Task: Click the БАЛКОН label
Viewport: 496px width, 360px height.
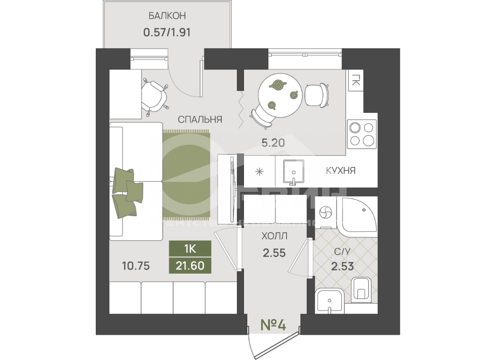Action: pos(167,16)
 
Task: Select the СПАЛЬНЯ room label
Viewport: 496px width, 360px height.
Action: pos(200,119)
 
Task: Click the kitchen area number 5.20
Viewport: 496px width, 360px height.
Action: pos(273,142)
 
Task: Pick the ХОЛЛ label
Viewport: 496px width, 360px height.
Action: pos(274,235)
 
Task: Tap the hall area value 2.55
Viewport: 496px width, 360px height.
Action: pos(274,252)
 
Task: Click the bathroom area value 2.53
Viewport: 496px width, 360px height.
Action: pos(342,267)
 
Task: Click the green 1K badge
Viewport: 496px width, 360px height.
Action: pos(190,249)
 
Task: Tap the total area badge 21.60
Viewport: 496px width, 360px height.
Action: pos(190,266)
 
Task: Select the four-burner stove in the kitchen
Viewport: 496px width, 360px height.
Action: pos(362,134)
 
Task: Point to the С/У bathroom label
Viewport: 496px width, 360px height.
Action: pos(342,251)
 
